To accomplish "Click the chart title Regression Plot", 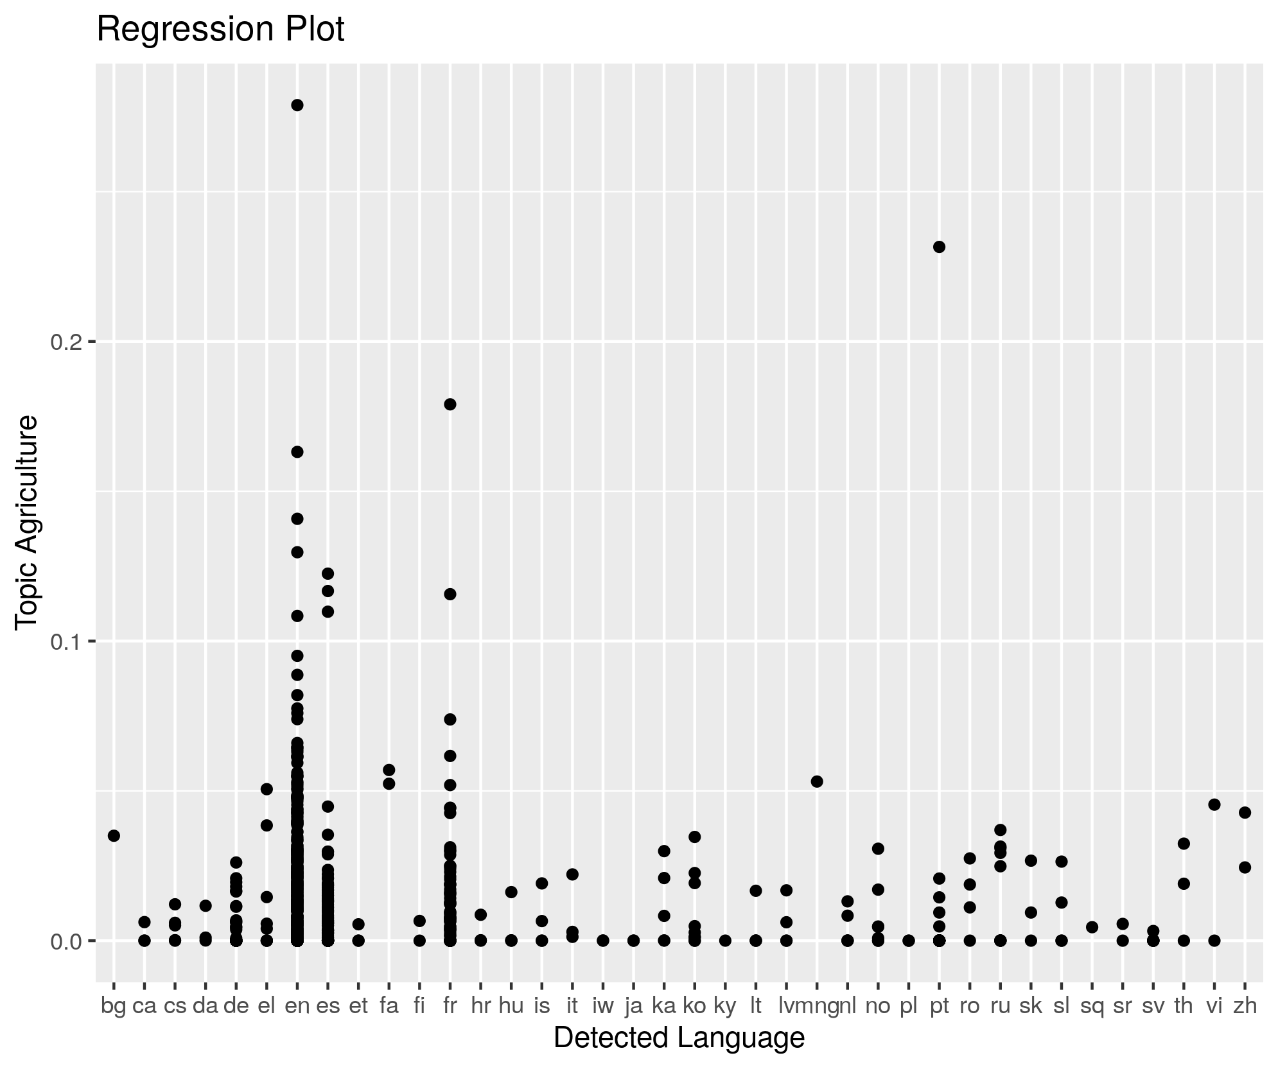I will click(220, 30).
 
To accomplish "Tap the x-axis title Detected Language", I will click(679, 1038).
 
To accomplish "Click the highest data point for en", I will click(297, 105).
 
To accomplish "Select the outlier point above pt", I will click(939, 247).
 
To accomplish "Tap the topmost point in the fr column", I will click(450, 404).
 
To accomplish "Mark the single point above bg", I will click(114, 836).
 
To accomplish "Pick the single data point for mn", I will click(817, 781).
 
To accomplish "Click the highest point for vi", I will click(1214, 804).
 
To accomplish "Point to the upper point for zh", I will click(1245, 813).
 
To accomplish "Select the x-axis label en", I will click(297, 1006).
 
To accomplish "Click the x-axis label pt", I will click(939, 1006).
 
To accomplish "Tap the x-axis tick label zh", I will click(1245, 1006).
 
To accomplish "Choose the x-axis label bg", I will click(114, 1006).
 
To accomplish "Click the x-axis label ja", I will click(633, 1006).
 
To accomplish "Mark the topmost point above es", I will click(328, 573).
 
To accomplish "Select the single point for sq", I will click(1092, 927).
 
